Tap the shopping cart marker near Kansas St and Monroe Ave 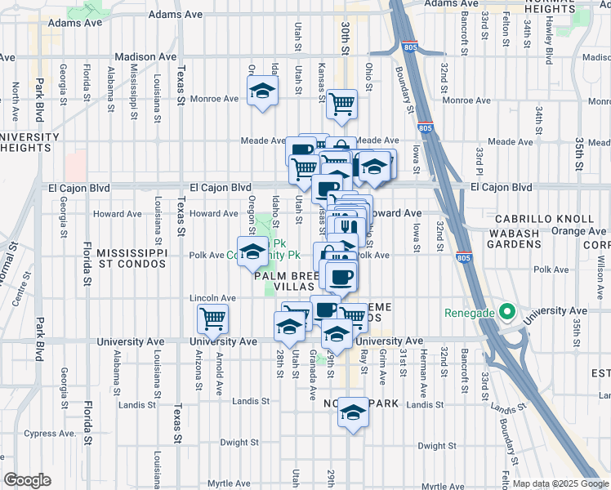coord(341,104)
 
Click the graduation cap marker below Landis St coord(353,412)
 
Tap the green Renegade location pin coord(506,312)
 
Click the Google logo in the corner coord(26,480)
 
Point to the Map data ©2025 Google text coord(560,483)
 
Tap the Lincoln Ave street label coord(206,297)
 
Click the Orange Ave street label coord(579,231)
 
